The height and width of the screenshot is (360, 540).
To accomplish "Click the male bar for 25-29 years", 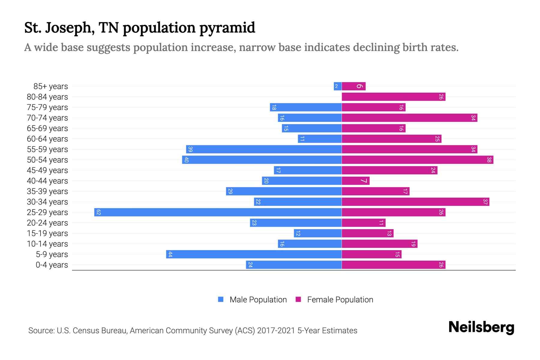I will (218, 212).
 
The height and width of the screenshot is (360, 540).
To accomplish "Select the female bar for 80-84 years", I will (393, 97).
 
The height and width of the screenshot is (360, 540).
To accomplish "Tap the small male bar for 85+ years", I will (337, 86).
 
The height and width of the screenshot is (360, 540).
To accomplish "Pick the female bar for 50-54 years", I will (417, 160).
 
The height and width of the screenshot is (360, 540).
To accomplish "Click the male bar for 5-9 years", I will (254, 254).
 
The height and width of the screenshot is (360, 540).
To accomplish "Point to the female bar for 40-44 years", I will (355, 181).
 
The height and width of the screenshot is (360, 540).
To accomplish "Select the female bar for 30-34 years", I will (415, 202).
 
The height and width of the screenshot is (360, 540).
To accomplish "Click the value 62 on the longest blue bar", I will (98, 212).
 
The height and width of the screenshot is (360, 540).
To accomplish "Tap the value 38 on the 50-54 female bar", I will (489, 160).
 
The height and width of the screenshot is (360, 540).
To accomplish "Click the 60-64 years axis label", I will (47, 139).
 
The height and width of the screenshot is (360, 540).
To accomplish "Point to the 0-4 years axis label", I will (52, 265).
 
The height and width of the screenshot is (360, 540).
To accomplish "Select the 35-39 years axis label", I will (47, 191).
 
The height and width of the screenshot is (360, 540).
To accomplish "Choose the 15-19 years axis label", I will (47, 233).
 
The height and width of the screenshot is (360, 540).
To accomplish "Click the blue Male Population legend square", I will (221, 299).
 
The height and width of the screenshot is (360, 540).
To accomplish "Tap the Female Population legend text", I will (340, 300).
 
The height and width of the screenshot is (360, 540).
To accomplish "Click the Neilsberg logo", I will (481, 327).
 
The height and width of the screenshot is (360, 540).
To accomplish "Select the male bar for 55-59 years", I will (264, 149).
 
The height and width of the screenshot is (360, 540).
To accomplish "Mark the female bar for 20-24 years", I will (363, 223).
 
